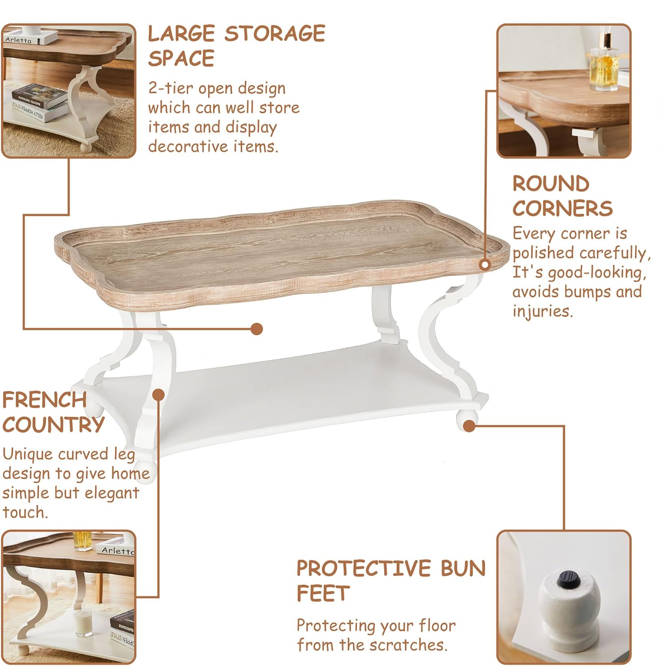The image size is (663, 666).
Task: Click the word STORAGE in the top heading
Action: [x=275, y=34]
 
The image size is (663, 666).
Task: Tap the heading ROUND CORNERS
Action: [x=562, y=196]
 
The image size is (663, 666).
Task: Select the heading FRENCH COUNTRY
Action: [x=53, y=412]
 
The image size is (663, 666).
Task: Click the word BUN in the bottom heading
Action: [x=463, y=568]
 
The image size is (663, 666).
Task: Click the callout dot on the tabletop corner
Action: [x=485, y=265]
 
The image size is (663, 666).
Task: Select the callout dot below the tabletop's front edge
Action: [x=256, y=329]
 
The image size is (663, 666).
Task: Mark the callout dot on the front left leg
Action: [x=159, y=394]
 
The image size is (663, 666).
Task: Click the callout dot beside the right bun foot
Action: [x=469, y=426]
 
